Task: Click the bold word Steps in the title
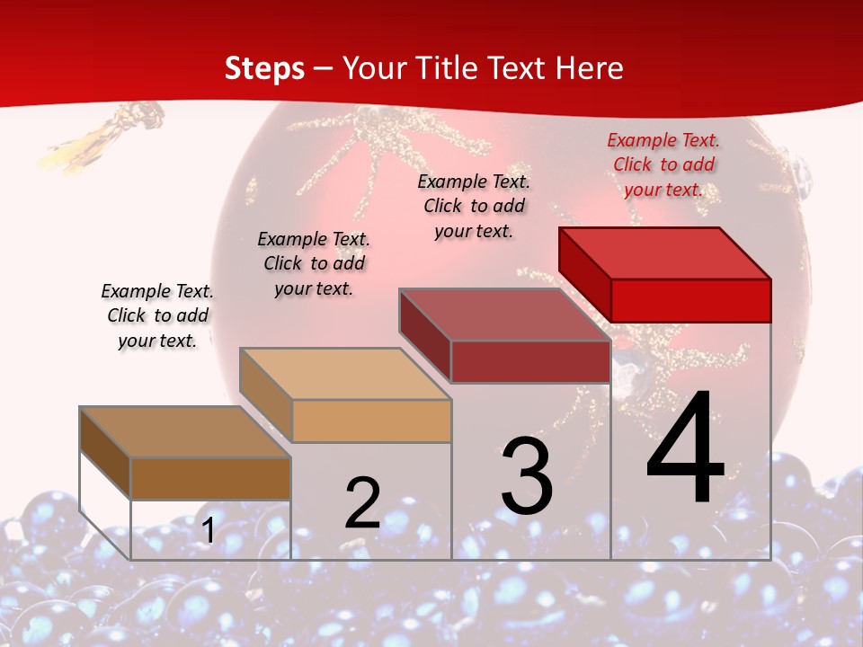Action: (264, 68)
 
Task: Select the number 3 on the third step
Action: (527, 475)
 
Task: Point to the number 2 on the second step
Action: (362, 503)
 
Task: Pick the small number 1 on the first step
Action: (208, 530)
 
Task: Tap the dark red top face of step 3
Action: (503, 315)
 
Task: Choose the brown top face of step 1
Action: (184, 432)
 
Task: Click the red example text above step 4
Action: (663, 164)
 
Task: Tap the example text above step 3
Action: (474, 206)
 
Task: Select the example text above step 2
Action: (314, 263)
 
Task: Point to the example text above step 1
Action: (157, 315)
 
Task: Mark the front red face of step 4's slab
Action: (690, 300)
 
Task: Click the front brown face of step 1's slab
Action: (210, 478)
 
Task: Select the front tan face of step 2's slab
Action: (371, 421)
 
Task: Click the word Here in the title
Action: (589, 68)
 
